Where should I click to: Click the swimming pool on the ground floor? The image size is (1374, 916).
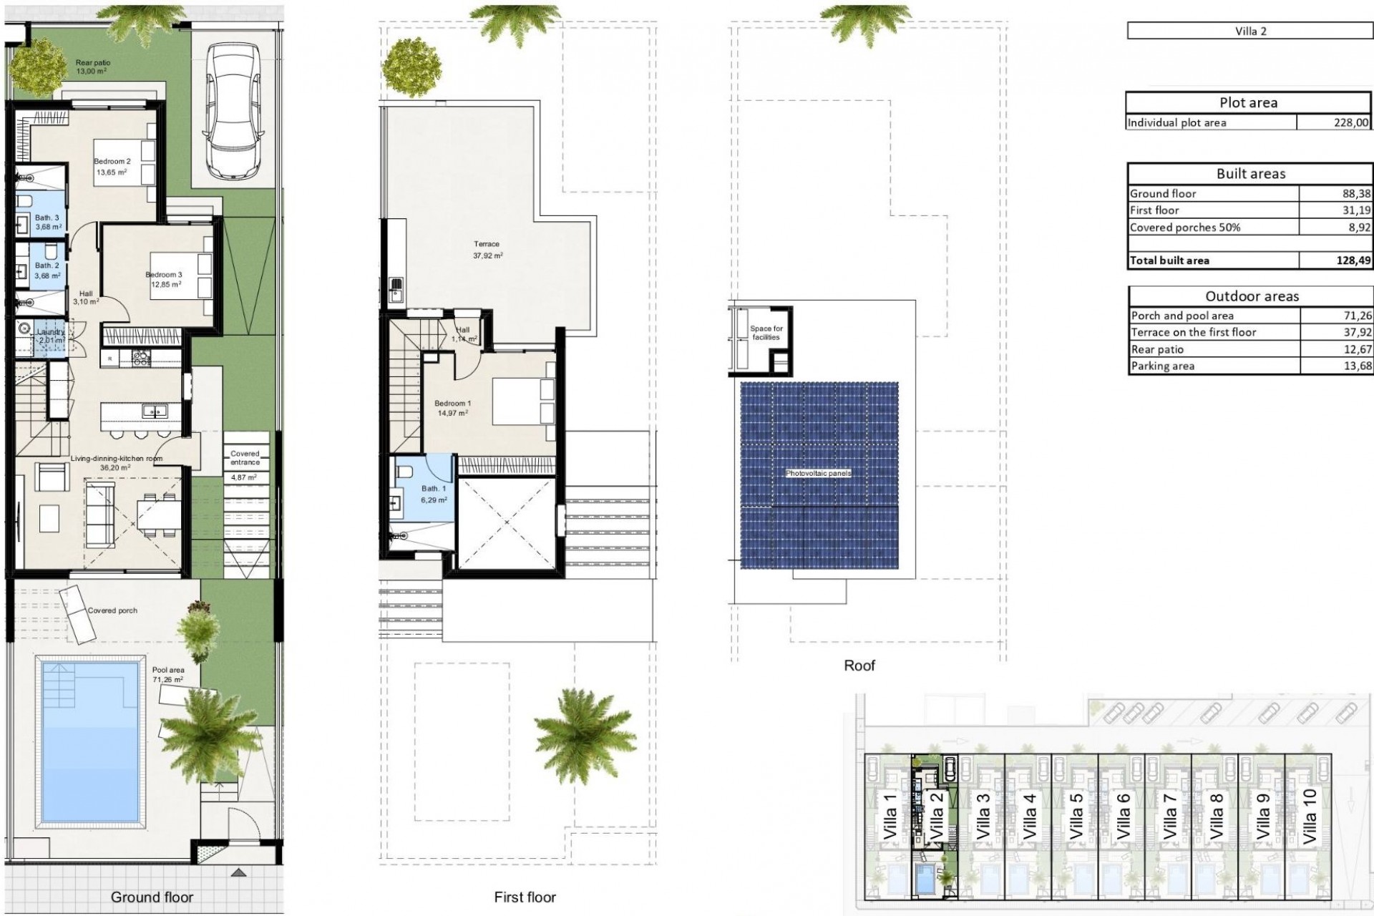point(90,741)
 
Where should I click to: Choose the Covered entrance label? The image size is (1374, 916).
point(245,458)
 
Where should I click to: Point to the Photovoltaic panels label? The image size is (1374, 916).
point(818,474)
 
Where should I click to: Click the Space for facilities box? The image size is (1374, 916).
point(766,333)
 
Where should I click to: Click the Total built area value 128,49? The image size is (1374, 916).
point(1353,260)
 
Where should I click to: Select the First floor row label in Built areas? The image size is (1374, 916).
point(1154,210)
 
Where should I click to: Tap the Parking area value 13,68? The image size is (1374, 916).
point(1357,366)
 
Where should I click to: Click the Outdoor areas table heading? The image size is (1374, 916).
point(1251,296)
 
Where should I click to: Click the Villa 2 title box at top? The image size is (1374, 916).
point(1249,31)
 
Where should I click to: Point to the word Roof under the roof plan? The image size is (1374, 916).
point(859,666)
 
